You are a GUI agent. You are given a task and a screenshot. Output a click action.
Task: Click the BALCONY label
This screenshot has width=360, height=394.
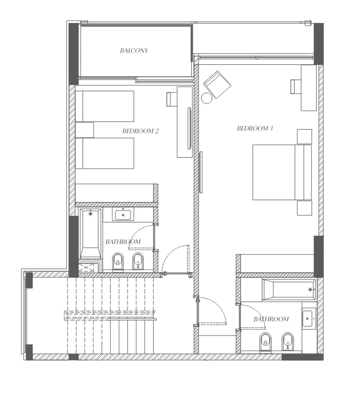(134, 51)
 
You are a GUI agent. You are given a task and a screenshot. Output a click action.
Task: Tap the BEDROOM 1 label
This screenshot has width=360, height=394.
(255, 128)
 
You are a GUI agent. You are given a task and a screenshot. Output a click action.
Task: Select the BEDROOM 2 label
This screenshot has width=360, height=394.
(141, 131)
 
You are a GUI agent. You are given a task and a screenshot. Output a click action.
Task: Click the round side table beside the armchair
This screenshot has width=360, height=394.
(207, 98)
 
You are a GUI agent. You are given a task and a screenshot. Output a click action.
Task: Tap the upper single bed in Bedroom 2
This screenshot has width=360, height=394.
(105, 106)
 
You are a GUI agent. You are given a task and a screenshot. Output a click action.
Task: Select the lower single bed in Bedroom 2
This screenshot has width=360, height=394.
(105, 153)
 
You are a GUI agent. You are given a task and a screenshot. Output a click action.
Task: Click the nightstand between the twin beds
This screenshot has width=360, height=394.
(85, 130)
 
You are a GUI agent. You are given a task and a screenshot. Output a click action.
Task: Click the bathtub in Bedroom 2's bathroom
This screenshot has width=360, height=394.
(91, 233)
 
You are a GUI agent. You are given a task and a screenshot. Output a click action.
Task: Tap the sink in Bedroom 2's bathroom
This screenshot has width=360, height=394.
(123, 214)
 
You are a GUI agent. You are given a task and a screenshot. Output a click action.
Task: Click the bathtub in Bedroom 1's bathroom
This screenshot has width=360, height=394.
(289, 289)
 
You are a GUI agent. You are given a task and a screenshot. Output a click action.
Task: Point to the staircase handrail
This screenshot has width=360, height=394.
(110, 315)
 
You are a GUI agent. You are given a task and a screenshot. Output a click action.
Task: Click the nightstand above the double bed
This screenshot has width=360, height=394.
(304, 136)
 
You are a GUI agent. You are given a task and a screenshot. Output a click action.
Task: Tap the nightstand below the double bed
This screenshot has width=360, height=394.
(304, 208)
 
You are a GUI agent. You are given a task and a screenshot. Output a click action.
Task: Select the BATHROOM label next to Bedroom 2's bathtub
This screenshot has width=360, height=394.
(123, 242)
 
